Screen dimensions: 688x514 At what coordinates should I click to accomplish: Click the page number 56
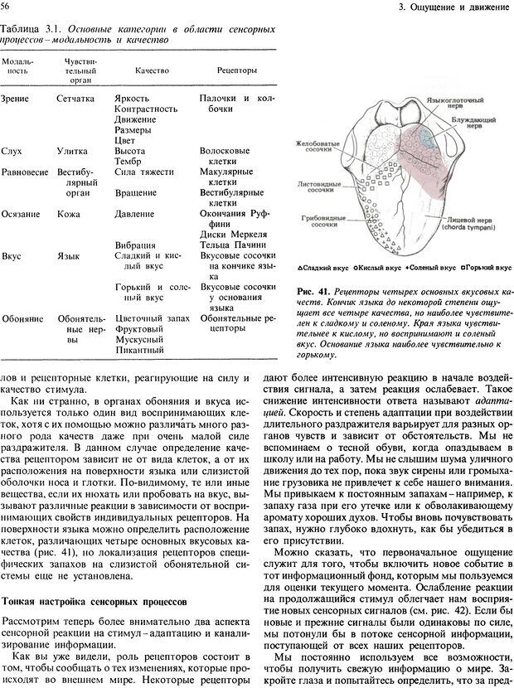pos(6,7)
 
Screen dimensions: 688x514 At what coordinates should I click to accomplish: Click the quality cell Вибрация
pos(134,245)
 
